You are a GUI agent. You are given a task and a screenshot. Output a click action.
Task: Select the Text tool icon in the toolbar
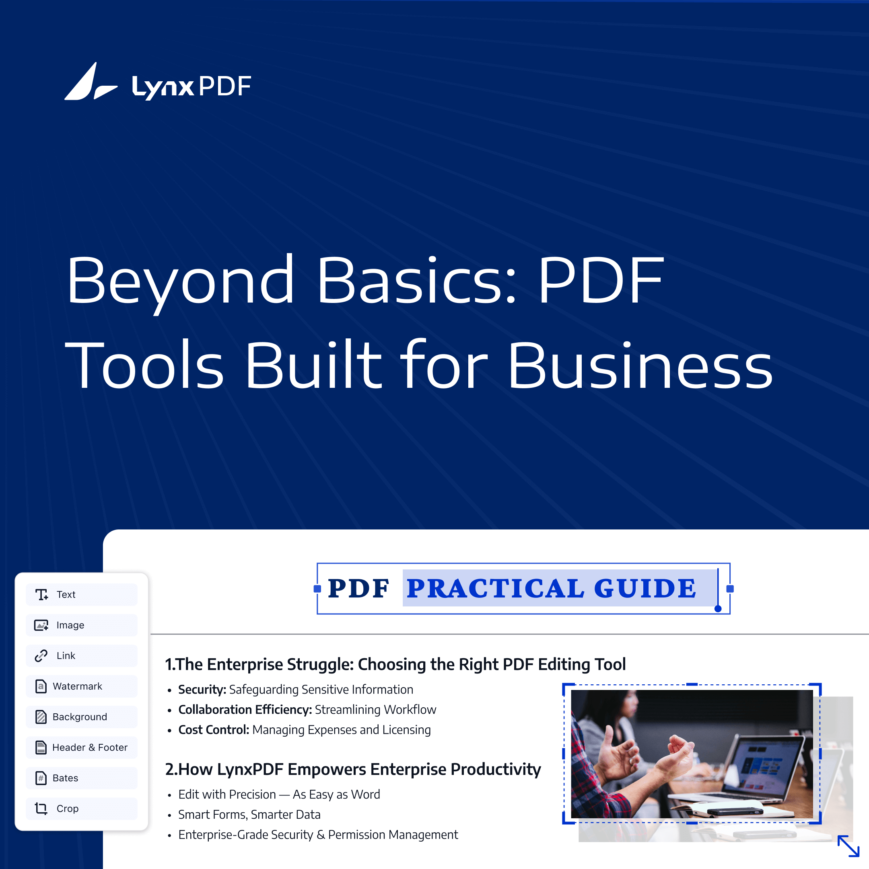(42, 595)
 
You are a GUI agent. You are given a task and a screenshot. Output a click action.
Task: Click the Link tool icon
(41, 656)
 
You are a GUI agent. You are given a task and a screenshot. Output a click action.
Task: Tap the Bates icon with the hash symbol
(41, 778)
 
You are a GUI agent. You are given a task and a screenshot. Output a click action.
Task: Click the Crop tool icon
(41, 809)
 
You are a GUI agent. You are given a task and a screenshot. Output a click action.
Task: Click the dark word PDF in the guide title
(358, 589)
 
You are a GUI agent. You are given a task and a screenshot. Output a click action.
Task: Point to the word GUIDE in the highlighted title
(645, 589)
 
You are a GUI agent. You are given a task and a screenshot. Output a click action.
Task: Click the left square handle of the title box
(317, 589)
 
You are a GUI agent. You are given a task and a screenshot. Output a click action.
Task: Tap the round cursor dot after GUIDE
(718, 609)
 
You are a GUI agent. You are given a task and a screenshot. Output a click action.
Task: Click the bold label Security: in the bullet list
(202, 690)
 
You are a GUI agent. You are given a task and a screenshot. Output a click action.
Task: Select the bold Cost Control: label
(214, 729)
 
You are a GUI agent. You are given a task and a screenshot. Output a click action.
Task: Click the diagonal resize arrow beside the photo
(848, 846)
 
